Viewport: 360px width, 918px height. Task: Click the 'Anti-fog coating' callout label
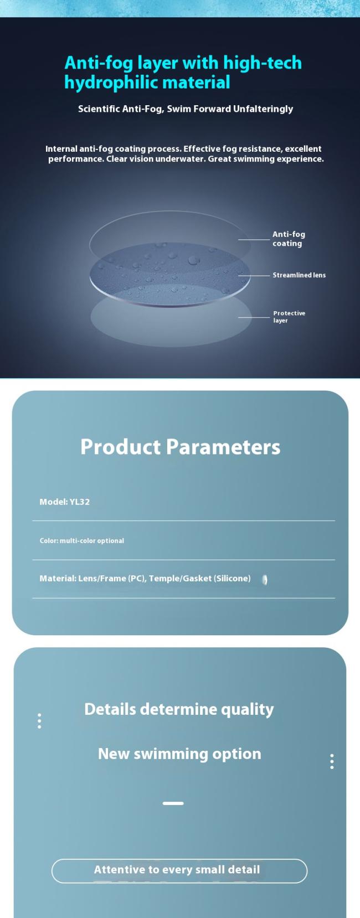tap(289, 239)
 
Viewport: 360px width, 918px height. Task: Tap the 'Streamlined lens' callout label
tap(299, 275)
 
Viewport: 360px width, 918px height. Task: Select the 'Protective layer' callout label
tap(289, 316)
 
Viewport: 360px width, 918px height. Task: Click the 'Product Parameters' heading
tap(181, 447)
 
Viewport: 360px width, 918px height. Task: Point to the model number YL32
tap(80, 502)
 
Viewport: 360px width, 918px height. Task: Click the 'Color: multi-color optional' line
tap(81, 540)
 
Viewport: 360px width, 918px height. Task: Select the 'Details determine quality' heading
tap(179, 709)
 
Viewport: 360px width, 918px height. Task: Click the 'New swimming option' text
tap(179, 754)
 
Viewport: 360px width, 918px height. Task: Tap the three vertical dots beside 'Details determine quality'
tap(39, 721)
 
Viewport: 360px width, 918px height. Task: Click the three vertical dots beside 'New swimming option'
tap(332, 761)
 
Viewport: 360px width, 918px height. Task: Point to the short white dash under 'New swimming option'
tap(173, 803)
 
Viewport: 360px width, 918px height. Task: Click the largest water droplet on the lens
tap(193, 260)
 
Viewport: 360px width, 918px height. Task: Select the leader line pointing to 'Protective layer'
tap(254, 317)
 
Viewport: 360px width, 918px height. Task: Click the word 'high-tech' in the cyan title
tap(263, 63)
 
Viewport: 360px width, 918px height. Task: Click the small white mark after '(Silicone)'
tap(265, 580)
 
